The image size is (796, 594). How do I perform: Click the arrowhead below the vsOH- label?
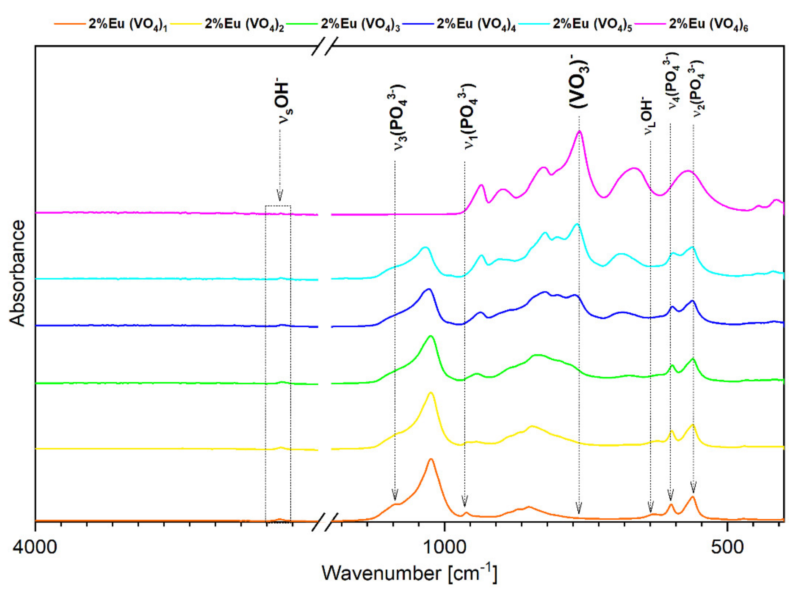click(280, 195)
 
